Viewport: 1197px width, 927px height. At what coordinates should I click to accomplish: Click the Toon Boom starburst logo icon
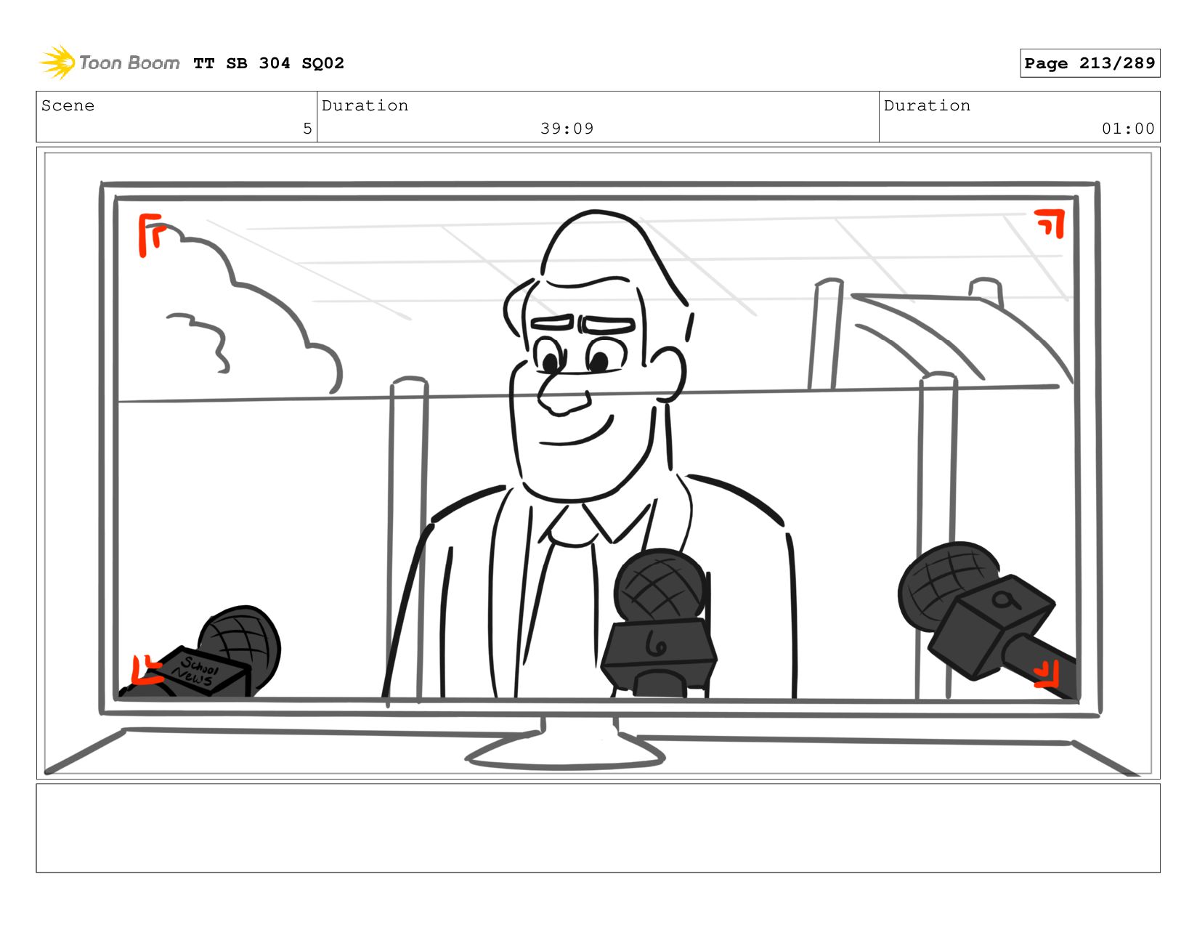(57, 62)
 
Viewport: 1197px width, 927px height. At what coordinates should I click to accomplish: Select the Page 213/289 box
(1089, 62)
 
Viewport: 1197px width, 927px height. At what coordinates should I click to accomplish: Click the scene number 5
(307, 129)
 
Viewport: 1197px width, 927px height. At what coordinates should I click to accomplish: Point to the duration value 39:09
(567, 129)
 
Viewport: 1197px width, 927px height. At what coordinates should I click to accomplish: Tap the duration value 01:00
(1127, 129)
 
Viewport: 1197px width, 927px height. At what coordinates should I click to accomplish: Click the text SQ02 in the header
(322, 63)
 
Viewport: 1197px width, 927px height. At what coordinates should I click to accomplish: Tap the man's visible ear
(668, 373)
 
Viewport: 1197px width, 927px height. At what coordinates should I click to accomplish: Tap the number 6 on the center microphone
(655, 644)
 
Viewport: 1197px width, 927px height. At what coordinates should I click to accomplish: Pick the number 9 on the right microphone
(1005, 600)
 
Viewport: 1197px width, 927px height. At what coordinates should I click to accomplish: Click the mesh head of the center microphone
(660, 585)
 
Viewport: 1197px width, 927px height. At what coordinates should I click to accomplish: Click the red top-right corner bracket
(1050, 222)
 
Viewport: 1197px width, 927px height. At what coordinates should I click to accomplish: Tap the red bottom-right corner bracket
(1047, 675)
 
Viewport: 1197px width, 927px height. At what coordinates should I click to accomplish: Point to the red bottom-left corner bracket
(145, 671)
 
